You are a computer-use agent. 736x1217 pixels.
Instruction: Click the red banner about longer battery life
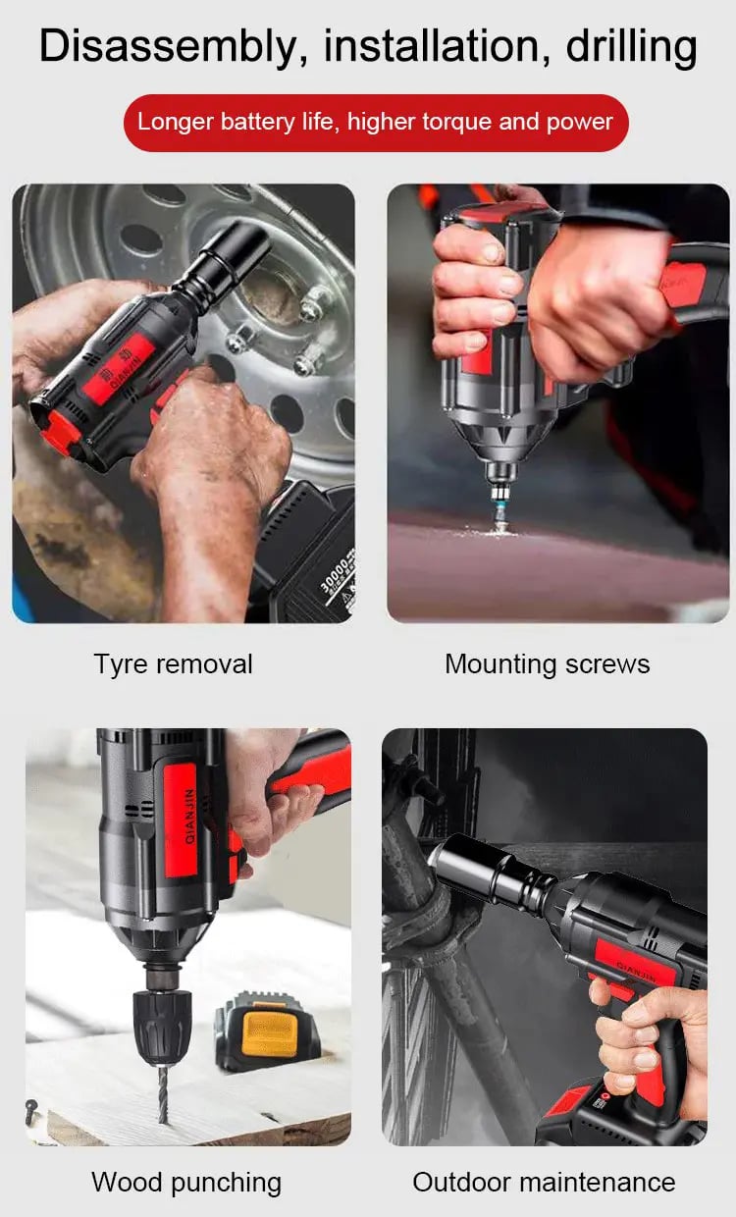375,123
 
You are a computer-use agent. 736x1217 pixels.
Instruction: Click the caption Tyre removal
173,664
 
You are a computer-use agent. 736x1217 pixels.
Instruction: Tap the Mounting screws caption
547,664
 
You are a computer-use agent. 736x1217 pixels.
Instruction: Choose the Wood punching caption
186,1182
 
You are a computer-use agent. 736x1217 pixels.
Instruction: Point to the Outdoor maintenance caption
544,1182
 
